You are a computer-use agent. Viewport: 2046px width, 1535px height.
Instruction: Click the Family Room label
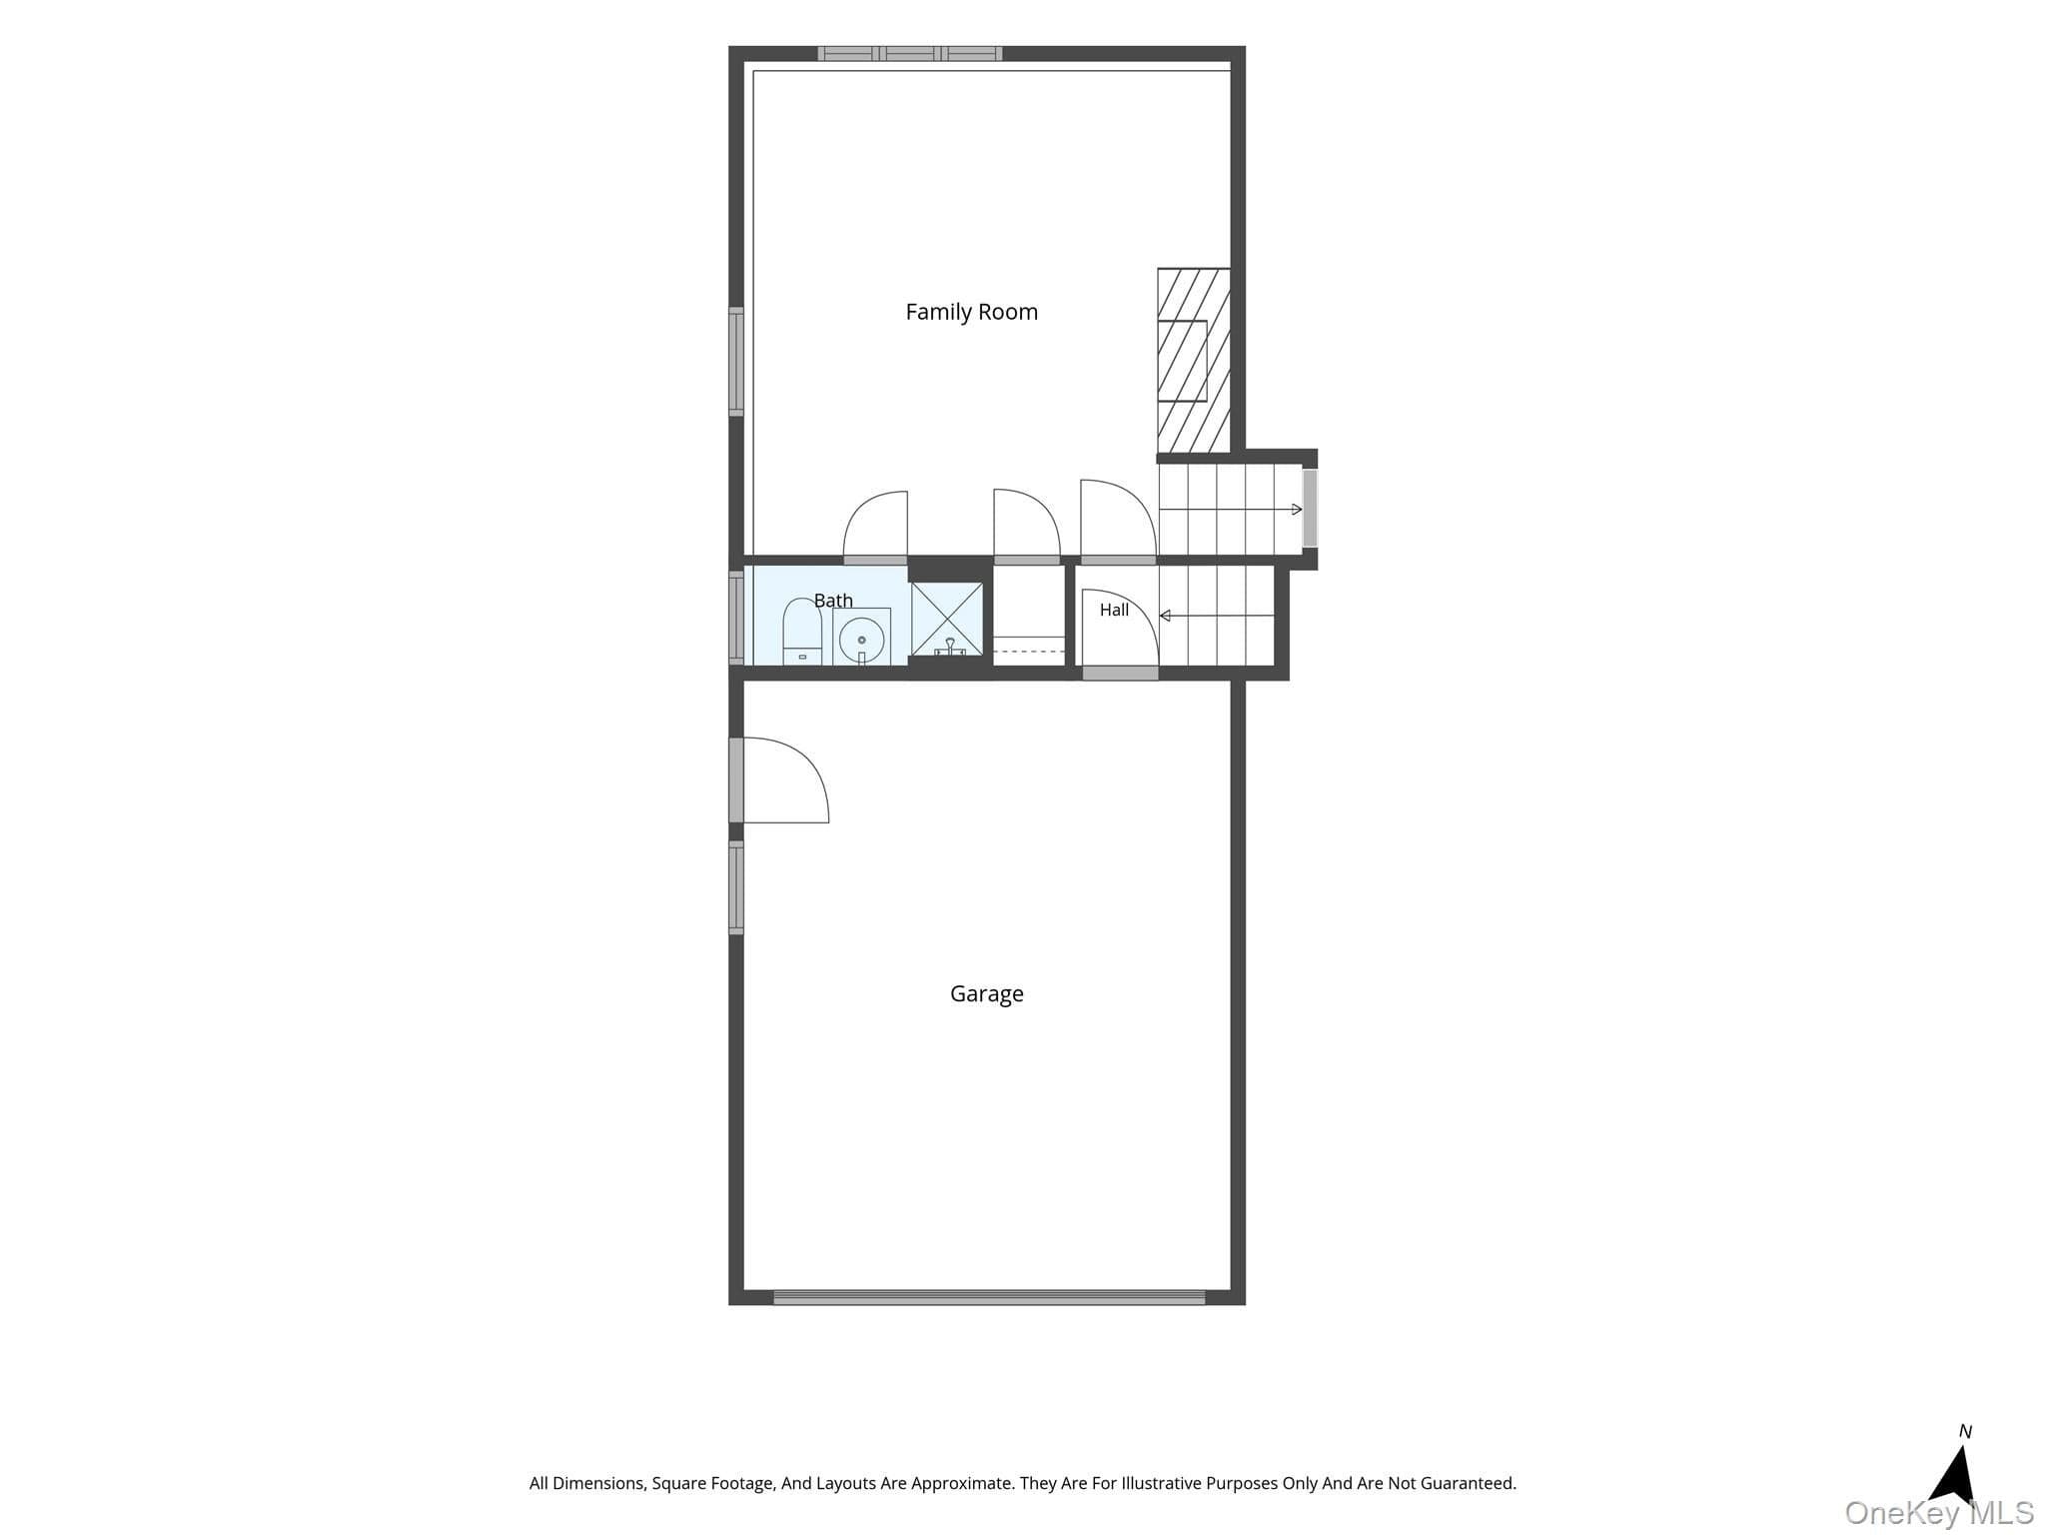coord(971,312)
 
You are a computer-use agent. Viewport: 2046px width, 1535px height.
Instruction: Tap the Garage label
coord(986,993)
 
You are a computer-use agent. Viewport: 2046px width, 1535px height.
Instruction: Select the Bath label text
coord(833,600)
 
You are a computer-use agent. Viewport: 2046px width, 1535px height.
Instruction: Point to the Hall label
coord(1114,610)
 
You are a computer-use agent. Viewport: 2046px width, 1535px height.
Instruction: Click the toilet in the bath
coord(801,632)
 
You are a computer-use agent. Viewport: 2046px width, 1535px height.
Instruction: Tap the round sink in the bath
coord(861,638)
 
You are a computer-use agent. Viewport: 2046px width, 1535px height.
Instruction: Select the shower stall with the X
coord(947,620)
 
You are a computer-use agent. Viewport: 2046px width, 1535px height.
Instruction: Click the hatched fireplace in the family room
coord(1193,360)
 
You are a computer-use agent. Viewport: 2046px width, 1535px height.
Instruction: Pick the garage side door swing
coord(785,779)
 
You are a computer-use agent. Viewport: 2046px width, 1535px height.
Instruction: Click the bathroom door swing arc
coord(875,524)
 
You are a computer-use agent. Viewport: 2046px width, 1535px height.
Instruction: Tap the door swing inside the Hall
coord(1120,628)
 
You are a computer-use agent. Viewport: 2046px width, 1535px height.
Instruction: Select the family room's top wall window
coord(909,54)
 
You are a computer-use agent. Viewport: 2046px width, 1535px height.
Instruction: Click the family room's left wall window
coord(736,362)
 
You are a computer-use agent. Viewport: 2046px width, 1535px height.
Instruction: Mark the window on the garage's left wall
coord(736,888)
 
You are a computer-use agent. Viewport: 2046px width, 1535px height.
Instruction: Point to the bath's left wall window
coord(736,618)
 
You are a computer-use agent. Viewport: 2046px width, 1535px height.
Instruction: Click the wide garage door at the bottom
coord(989,1297)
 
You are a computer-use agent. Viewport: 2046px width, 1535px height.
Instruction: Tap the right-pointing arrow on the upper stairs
coord(1231,510)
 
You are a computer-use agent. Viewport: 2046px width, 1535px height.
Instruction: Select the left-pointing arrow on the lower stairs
coord(1217,616)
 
